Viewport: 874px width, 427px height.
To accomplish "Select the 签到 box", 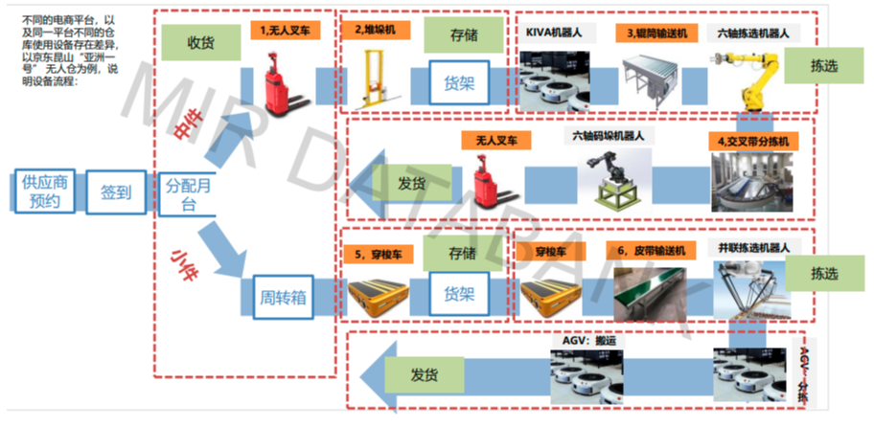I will (116, 191).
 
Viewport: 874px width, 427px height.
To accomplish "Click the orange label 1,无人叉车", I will (287, 31).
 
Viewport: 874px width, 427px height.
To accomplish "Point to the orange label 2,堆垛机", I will (375, 31).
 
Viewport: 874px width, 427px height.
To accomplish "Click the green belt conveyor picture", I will (651, 291).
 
